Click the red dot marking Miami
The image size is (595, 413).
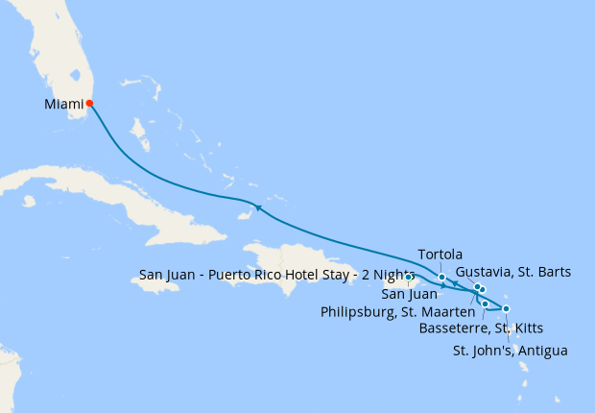(89, 103)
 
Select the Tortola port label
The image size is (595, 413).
(440, 255)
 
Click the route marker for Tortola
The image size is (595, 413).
(441, 278)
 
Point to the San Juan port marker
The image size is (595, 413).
(408, 278)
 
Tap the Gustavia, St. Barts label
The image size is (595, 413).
(512, 272)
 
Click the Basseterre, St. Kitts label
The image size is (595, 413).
(481, 328)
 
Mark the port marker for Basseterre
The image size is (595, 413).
(486, 304)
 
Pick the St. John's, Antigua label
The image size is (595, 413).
(509, 351)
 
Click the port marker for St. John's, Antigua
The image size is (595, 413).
(506, 308)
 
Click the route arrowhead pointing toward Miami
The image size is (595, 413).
(257, 206)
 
